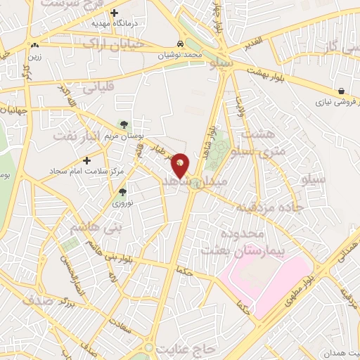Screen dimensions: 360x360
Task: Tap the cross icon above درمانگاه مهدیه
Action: click(x=115, y=13)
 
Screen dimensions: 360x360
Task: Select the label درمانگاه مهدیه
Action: click(x=115, y=23)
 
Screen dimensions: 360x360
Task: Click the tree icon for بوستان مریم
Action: click(x=124, y=124)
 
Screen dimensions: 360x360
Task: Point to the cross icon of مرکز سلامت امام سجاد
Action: click(x=87, y=160)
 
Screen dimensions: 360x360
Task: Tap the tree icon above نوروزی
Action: click(x=123, y=191)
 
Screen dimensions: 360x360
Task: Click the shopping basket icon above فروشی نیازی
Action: click(x=341, y=91)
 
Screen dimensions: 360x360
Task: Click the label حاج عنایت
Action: click(x=186, y=347)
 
